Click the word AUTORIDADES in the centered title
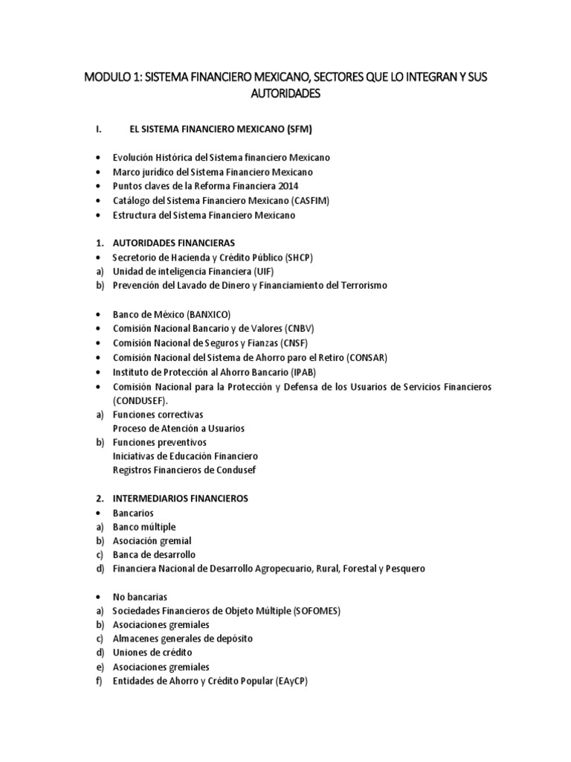[285, 95]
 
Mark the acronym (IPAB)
[308, 372]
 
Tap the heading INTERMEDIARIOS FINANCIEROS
[181, 499]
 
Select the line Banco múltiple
[144, 527]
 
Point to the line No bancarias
[141, 597]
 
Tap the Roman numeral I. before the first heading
[99, 129]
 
